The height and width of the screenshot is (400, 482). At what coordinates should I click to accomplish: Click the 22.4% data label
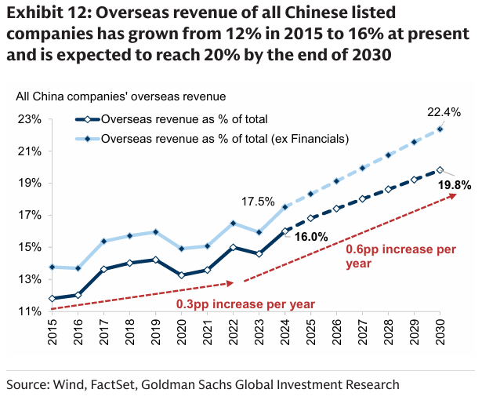444,112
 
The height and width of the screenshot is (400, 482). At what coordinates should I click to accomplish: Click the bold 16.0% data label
310,235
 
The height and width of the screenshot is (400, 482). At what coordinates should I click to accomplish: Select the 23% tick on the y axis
29,119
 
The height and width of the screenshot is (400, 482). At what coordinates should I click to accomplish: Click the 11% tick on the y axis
29,311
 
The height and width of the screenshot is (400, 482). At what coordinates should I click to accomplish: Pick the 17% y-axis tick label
29,215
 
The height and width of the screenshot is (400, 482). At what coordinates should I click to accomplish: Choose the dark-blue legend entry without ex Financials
184,119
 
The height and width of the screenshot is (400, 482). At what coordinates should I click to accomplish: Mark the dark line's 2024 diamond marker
285,231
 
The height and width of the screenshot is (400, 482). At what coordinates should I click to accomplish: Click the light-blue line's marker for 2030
440,129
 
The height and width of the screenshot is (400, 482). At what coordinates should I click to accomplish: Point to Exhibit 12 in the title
46,13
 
